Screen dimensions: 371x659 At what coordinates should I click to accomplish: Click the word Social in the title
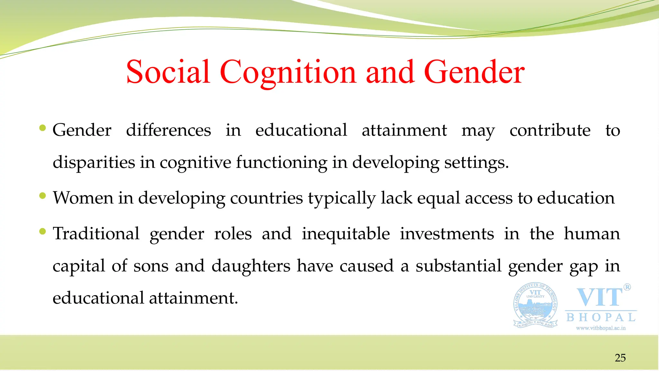168,72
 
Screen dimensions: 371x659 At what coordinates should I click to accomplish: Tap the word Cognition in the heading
288,72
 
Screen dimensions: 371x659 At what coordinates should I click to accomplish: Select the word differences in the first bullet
169,130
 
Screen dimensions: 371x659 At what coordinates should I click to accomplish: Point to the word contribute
550,130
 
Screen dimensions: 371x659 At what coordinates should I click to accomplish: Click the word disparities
94,162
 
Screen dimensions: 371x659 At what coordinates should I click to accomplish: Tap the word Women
83,198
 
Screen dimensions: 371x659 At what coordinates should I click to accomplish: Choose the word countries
266,198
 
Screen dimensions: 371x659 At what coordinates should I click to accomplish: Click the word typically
342,198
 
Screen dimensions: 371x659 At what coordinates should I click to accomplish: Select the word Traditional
96,233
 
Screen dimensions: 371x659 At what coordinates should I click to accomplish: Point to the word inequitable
346,234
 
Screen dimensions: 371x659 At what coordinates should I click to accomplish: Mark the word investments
447,233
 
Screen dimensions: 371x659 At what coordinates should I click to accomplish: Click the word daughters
251,266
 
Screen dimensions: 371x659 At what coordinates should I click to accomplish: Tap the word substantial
459,266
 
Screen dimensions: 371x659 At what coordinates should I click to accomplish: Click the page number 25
620,358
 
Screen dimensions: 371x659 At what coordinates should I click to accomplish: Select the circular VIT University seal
535,305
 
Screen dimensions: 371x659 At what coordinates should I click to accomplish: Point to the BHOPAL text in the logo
601,318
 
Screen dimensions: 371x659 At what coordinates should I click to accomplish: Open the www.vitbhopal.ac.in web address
601,328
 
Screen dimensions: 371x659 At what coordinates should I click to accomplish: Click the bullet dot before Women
42,195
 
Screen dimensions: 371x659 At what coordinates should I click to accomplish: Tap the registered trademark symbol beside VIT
627,287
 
